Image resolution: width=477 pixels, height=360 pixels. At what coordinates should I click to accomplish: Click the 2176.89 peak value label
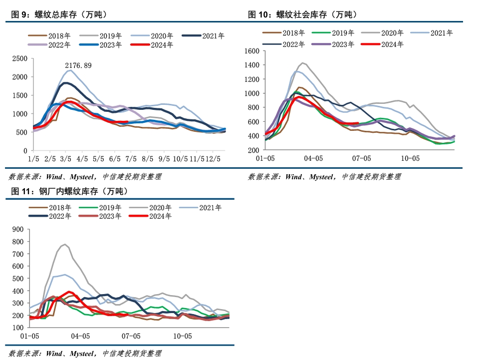[78, 65]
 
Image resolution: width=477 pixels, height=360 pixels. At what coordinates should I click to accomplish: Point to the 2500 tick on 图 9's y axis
[20, 58]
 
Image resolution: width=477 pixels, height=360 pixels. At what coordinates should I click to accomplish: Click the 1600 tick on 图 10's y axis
[252, 51]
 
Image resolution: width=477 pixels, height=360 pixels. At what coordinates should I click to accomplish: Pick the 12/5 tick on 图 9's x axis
[213, 159]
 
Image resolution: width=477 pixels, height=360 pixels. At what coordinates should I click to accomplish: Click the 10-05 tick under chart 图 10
[410, 158]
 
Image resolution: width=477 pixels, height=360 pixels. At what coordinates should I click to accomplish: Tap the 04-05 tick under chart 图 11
[80, 336]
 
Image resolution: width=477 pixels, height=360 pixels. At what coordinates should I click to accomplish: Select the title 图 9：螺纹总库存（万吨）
[58, 15]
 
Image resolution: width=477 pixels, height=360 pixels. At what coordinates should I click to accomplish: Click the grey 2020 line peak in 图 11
[65, 244]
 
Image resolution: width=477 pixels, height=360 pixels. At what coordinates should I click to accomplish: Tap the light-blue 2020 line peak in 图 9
[70, 70]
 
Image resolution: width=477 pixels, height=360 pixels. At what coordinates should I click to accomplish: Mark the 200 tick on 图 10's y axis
[253, 150]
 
